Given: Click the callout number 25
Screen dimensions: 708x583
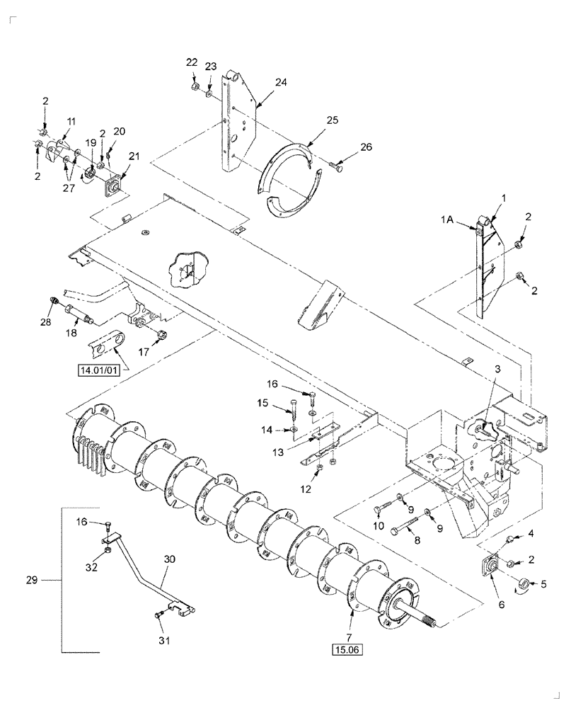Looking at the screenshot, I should pos(333,120).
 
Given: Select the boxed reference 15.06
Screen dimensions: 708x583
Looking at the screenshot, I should pos(347,648).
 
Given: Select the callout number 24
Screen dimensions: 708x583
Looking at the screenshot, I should pos(281,82).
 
